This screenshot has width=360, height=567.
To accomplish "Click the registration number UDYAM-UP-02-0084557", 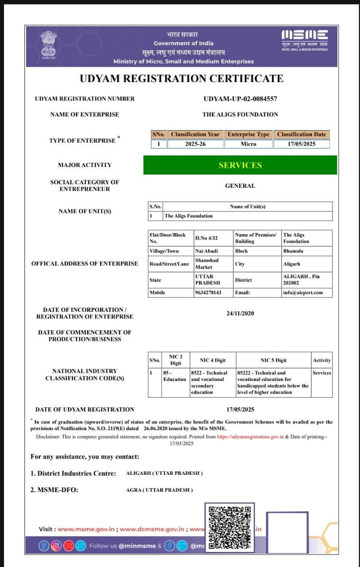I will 240,99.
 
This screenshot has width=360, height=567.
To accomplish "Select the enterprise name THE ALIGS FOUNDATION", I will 240,114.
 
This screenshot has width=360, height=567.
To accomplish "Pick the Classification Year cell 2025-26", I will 195,144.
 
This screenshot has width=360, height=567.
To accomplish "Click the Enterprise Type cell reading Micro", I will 248,144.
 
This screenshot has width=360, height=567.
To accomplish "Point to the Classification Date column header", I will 301,134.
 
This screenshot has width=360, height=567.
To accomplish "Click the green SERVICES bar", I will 240,165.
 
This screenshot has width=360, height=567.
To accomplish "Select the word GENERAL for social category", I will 240,186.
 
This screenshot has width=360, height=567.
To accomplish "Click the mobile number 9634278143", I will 208,292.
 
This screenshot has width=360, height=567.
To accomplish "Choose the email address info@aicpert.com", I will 303,292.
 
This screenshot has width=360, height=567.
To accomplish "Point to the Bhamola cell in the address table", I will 293,251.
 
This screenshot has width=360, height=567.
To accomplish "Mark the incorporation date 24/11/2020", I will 240,313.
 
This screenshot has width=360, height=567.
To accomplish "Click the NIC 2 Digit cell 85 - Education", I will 174,376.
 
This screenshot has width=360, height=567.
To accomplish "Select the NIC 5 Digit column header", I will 273,360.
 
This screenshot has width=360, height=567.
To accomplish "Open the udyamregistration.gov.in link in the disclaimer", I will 250,436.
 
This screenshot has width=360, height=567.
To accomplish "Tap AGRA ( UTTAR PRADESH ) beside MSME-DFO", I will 159,490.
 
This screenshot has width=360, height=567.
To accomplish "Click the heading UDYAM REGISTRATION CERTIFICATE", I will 182,79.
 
